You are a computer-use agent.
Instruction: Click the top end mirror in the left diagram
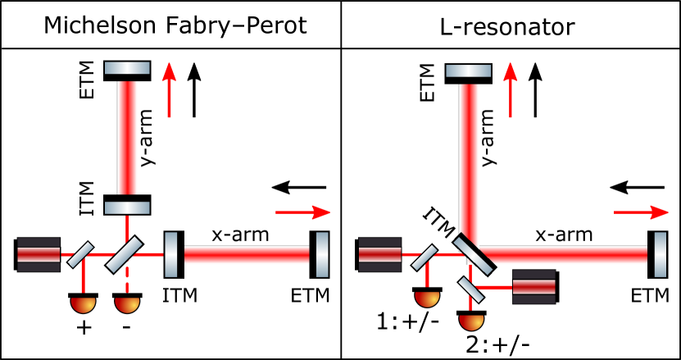[x=127, y=68]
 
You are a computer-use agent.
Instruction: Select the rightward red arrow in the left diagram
[x=302, y=212]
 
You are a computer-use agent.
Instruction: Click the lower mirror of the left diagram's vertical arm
[x=127, y=208]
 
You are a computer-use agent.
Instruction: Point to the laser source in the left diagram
[x=39, y=254]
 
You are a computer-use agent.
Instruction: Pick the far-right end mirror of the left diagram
[x=322, y=254]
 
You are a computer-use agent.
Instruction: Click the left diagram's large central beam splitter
[x=125, y=254]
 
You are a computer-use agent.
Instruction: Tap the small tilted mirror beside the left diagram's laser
[x=80, y=254]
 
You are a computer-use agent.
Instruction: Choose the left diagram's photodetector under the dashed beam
[x=127, y=304]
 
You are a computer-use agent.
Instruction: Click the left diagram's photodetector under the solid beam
[x=83, y=304]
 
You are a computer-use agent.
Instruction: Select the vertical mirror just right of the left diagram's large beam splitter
[x=170, y=254]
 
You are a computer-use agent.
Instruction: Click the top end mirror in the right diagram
[x=468, y=71]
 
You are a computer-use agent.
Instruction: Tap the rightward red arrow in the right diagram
[x=641, y=212]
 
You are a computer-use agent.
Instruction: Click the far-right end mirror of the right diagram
[x=660, y=254]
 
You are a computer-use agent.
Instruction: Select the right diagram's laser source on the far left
[x=379, y=254]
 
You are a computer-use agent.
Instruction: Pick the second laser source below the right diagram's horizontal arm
[x=533, y=287]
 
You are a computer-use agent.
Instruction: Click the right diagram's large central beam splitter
[x=474, y=254]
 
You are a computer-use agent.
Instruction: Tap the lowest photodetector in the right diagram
[x=471, y=321]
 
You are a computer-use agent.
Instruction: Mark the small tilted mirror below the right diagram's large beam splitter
[x=470, y=289]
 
